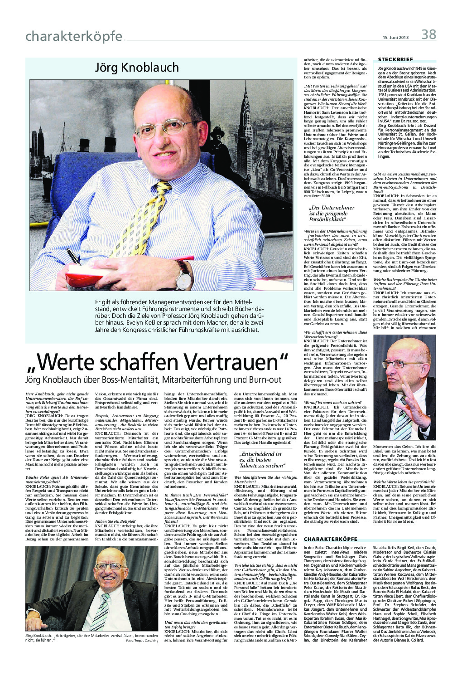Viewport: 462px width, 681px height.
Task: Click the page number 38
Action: click(428, 34)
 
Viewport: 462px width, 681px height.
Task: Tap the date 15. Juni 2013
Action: click(395, 37)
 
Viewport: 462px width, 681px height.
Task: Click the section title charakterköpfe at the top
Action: click(74, 36)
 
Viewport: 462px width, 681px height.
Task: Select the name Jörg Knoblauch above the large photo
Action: click(136, 68)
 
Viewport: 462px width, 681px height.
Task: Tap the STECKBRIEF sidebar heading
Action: click(395, 59)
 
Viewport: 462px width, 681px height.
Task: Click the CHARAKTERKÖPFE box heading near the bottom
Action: click(331, 539)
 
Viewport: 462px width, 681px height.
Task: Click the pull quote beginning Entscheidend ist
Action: click(263, 459)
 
